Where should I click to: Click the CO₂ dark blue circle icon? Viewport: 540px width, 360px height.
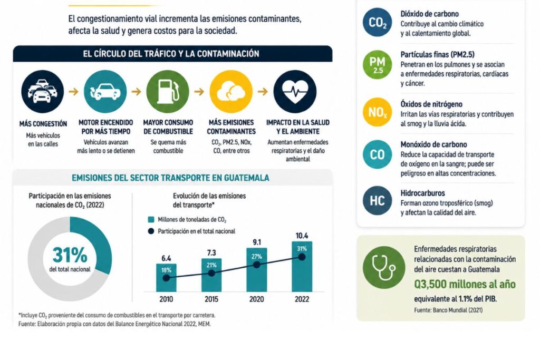[378, 22]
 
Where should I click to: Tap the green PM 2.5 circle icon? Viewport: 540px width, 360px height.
[378, 65]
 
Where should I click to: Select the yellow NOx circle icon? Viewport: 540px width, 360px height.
[378, 112]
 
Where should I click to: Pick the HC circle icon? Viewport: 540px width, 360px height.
[378, 201]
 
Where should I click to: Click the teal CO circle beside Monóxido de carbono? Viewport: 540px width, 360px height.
[378, 154]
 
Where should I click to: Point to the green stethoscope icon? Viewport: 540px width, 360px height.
[384, 267]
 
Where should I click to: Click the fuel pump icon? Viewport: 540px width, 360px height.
[168, 92]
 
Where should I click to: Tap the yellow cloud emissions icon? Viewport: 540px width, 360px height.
[231, 92]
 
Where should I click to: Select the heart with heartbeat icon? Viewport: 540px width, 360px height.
[295, 92]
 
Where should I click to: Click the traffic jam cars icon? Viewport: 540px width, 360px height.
[42, 92]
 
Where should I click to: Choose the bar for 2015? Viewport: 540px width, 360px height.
[211, 275]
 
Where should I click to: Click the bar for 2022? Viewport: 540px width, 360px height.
[302, 267]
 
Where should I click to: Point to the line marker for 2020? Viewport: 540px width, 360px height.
[257, 265]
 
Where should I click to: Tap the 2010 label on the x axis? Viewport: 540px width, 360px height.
[166, 299]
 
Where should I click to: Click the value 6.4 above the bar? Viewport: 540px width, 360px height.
[166, 258]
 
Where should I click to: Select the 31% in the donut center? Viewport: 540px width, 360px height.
[70, 255]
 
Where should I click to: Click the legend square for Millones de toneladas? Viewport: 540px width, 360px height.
[151, 220]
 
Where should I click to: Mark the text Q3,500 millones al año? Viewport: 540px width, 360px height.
[465, 284]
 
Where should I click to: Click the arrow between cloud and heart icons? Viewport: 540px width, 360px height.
[263, 92]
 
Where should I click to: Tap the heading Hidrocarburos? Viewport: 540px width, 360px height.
[422, 193]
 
